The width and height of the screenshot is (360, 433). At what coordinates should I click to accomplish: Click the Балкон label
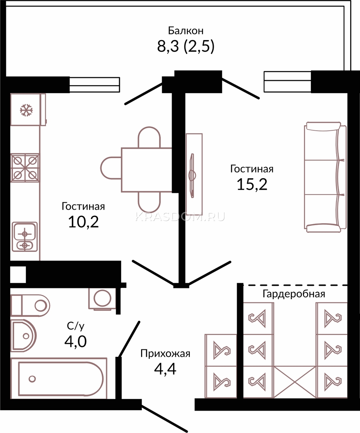pyautogui.click(x=186, y=30)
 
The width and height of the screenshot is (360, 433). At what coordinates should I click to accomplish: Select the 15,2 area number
pyautogui.click(x=252, y=184)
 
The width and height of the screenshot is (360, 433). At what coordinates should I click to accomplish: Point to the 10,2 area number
pyautogui.click(x=83, y=222)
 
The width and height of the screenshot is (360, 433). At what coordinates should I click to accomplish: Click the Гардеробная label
pyautogui.click(x=294, y=294)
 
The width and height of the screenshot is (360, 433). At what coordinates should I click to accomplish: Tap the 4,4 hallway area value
pyautogui.click(x=165, y=369)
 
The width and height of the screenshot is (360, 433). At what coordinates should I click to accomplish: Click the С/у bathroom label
pyautogui.click(x=76, y=326)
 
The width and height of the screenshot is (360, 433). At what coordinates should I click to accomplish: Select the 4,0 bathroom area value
pyautogui.click(x=75, y=342)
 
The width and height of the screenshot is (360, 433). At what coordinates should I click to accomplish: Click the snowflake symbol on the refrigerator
pyautogui.click(x=26, y=110)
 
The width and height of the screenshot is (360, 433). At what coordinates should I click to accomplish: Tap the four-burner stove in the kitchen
pyautogui.click(x=25, y=168)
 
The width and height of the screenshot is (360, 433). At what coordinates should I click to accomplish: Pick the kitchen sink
pyautogui.click(x=25, y=237)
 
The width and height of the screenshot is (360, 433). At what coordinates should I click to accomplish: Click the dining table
pyautogui.click(x=146, y=170)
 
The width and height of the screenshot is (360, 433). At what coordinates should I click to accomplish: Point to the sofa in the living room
pyautogui.click(x=325, y=177)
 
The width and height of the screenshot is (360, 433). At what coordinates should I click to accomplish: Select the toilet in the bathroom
pyautogui.click(x=30, y=306)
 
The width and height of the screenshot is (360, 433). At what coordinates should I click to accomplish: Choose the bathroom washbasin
pyautogui.click(x=23, y=336)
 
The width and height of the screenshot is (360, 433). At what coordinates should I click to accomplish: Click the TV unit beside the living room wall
pyautogui.click(x=194, y=174)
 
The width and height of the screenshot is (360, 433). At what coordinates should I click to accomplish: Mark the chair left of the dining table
pyautogui.click(x=111, y=168)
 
